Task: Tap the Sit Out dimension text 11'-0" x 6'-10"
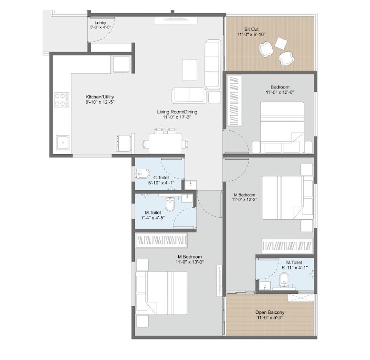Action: point(252,34)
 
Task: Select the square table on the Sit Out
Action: point(281,44)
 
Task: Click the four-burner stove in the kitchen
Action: point(62,99)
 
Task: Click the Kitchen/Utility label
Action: point(97,97)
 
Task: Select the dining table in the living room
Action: point(165,143)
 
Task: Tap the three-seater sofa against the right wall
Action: point(212,64)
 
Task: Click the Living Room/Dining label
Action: point(177,112)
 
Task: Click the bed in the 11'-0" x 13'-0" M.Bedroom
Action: point(161,292)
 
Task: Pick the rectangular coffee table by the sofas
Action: point(190,69)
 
